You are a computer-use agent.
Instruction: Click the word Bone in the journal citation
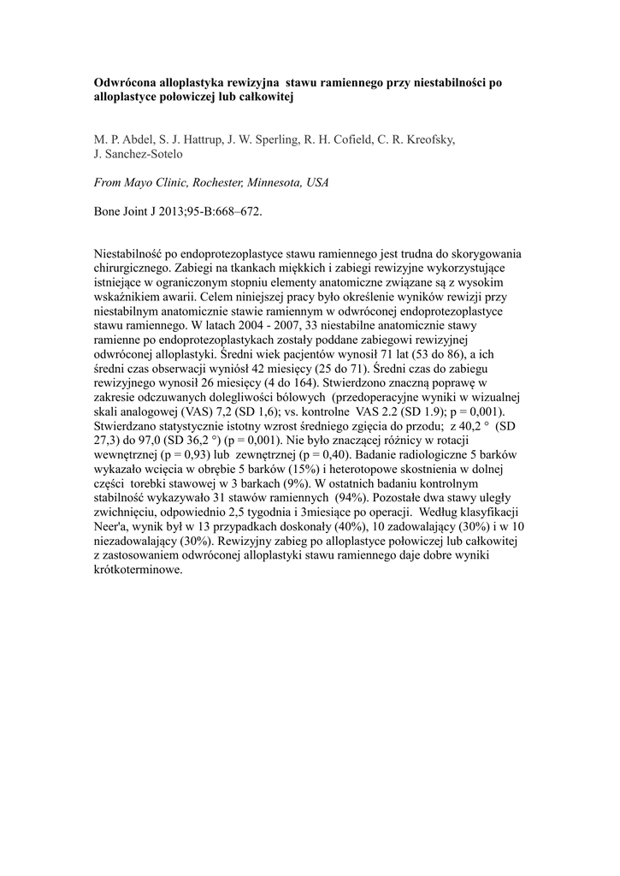click(x=108, y=210)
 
